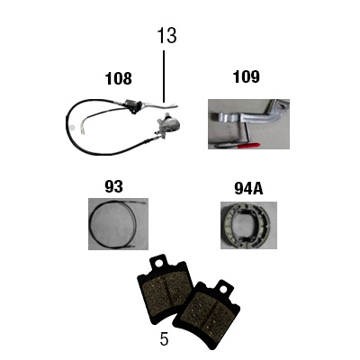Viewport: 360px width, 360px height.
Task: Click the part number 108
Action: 119,78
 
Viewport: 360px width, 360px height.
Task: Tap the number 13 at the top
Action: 166,36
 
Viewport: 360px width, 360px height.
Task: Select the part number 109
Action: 247,76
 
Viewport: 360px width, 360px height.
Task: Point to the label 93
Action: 113,186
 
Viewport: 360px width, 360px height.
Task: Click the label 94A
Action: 248,189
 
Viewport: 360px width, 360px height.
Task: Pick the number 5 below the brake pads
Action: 164,339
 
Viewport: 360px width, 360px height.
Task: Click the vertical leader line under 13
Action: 164,76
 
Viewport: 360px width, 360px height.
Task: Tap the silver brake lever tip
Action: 174,105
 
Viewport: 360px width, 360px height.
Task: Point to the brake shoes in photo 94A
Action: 248,225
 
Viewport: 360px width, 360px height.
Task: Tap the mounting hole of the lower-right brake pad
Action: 222,289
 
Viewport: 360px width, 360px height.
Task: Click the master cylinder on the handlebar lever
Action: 131,105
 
